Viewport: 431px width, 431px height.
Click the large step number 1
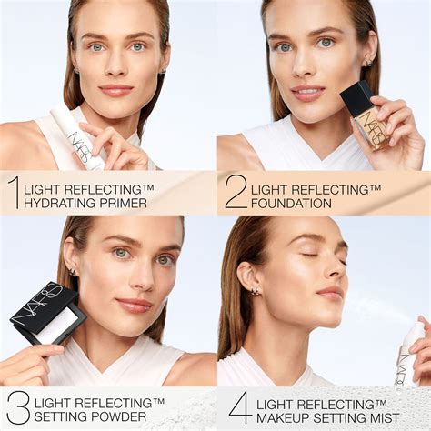pyautogui.click(x=13, y=193)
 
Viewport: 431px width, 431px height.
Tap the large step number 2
pyautogui.click(x=235, y=193)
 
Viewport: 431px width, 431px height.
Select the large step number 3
pyautogui.click(x=16, y=406)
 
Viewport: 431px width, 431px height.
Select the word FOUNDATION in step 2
pyautogui.click(x=293, y=203)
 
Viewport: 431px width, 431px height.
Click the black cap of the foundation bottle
pyautogui.click(x=356, y=98)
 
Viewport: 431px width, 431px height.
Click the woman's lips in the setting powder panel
pyautogui.click(x=134, y=306)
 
